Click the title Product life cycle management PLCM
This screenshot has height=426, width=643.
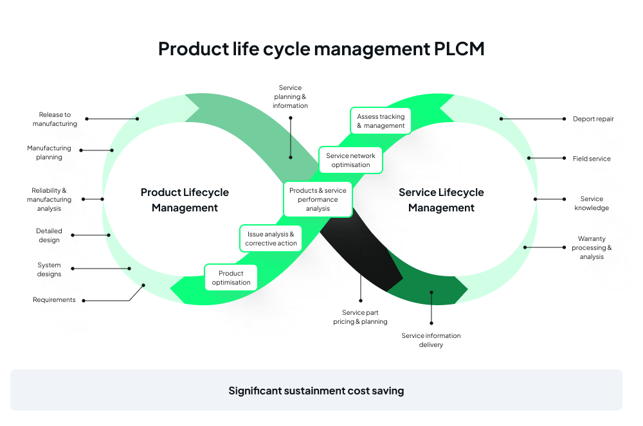coord(321,49)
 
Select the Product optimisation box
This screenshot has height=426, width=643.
coord(231,278)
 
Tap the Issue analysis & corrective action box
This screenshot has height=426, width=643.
coord(271,239)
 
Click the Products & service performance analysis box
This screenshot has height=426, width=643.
coord(318,199)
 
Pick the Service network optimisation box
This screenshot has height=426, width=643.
coord(350,160)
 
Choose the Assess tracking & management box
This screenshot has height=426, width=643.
coord(381,121)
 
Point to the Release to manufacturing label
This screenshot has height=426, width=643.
coord(55,119)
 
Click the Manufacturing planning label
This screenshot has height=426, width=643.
coord(49,152)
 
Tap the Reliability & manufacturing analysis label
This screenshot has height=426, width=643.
coord(49,199)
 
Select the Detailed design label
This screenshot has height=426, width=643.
coord(49,235)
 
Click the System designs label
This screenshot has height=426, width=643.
coord(49,269)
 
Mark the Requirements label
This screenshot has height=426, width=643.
coord(54,300)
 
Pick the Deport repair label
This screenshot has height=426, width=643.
coord(593,119)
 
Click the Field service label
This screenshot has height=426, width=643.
coord(592,159)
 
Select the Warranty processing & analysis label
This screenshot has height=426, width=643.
coord(592,247)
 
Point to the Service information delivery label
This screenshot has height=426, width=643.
coord(431,340)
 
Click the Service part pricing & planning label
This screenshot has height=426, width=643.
coord(360,317)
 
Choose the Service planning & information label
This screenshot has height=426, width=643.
coord(290,96)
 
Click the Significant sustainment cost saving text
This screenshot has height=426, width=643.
coord(316,391)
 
